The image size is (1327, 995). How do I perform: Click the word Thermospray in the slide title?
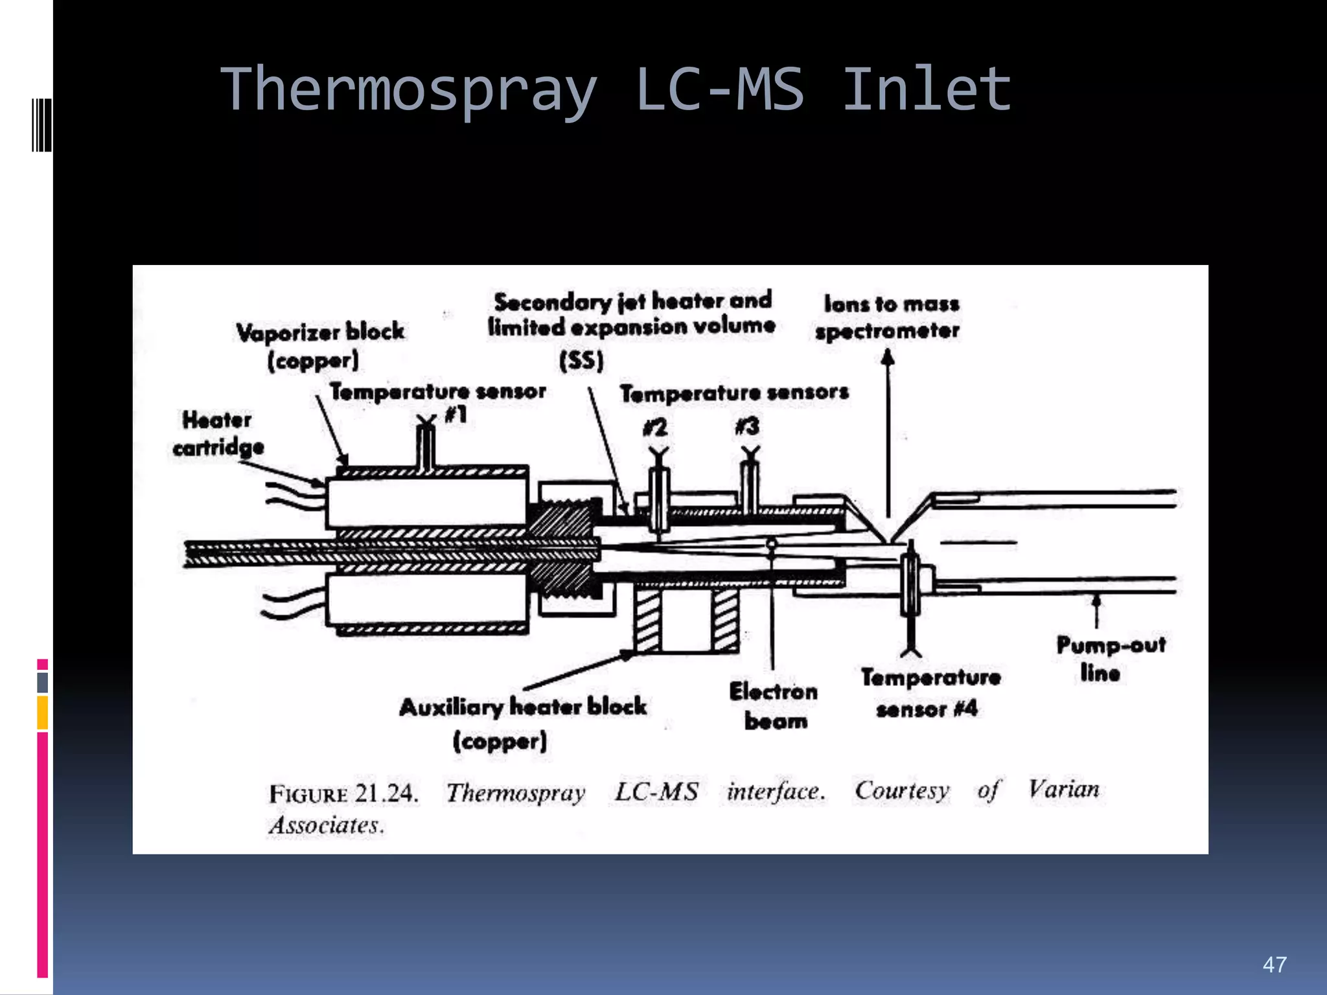pyautogui.click(x=408, y=91)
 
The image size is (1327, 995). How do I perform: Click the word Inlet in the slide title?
pyautogui.click(x=927, y=89)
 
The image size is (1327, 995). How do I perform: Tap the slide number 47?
pyautogui.click(x=1274, y=965)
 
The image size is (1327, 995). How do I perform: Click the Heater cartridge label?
pyautogui.click(x=218, y=433)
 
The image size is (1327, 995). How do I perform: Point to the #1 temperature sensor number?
pyautogui.click(x=456, y=415)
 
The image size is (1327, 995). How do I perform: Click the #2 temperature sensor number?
pyautogui.click(x=655, y=428)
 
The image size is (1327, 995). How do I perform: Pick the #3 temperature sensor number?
pyautogui.click(x=747, y=426)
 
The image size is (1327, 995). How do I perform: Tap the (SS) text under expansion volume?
pyautogui.click(x=581, y=360)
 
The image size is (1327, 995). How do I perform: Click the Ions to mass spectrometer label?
pyautogui.click(x=888, y=317)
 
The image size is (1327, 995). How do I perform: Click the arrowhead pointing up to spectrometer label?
pyautogui.click(x=888, y=357)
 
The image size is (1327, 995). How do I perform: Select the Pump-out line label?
pyautogui.click(x=1110, y=659)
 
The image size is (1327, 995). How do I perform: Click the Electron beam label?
pyautogui.click(x=774, y=706)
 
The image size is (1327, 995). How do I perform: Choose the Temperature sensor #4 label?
pyautogui.click(x=929, y=693)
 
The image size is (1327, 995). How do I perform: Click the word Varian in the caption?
pyautogui.click(x=1064, y=790)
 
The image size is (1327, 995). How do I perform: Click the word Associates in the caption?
pyautogui.click(x=326, y=825)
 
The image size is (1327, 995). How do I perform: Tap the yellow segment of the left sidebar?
pyautogui.click(x=43, y=713)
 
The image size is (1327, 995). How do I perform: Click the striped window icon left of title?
pyautogui.click(x=41, y=124)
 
